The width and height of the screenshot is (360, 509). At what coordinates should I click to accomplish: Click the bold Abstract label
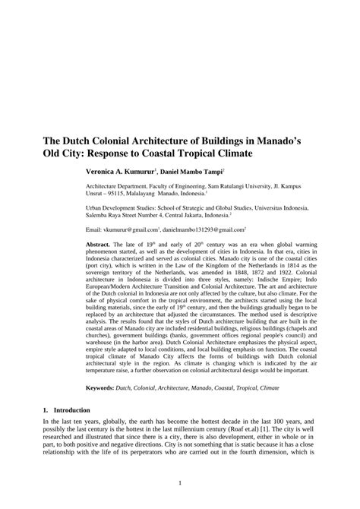coord(99,245)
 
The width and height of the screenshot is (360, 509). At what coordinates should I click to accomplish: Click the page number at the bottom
coord(179,482)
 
